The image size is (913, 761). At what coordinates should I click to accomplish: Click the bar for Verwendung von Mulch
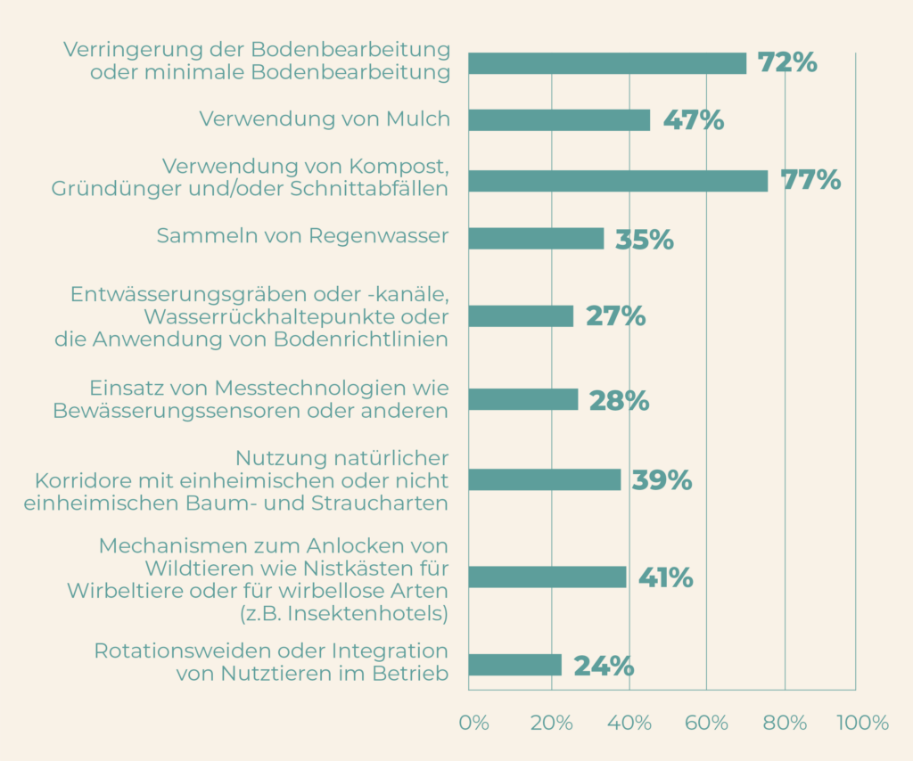559,120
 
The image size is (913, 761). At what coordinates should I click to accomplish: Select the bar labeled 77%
618,181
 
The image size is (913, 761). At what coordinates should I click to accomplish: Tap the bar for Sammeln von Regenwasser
536,238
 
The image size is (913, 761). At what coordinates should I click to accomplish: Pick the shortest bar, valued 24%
514,666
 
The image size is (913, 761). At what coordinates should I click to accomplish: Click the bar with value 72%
607,63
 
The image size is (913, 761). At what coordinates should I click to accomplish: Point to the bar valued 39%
544,479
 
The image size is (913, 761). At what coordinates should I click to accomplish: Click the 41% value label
665,578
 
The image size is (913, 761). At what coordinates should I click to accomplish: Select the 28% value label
619,401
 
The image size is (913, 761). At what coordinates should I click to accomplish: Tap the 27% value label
615,316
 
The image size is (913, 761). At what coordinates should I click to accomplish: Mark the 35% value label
644,240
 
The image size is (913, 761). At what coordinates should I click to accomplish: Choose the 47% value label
693,121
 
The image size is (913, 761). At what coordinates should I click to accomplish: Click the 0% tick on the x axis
473,723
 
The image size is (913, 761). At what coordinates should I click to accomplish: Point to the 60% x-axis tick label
707,723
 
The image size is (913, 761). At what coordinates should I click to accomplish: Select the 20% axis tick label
551,723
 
